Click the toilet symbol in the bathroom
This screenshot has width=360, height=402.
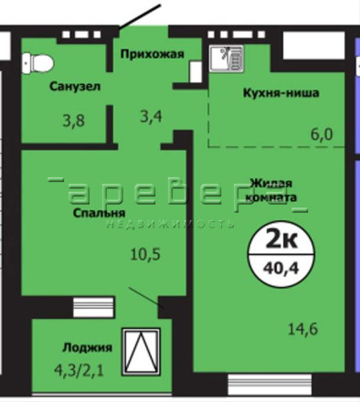pyautogui.click(x=37, y=63)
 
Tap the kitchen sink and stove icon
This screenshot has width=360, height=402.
pyautogui.click(x=226, y=58)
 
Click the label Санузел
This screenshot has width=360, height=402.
pyautogui.click(x=75, y=87)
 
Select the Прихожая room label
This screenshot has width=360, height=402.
pyautogui.click(x=153, y=54)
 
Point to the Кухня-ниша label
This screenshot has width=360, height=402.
pyautogui.click(x=281, y=92)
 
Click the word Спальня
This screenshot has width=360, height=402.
pyautogui.click(x=100, y=213)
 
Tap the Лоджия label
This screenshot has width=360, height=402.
pyautogui.click(x=88, y=347)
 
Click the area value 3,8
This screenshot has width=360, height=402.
pyautogui.click(x=74, y=121)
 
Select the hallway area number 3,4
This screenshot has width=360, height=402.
pyautogui.click(x=151, y=116)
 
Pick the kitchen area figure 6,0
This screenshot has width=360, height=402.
pyautogui.click(x=322, y=134)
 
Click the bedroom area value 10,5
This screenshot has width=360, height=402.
pyautogui.click(x=145, y=254)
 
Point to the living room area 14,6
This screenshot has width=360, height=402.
pyautogui.click(x=303, y=329)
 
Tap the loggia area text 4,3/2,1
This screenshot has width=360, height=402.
pyautogui.click(x=79, y=370)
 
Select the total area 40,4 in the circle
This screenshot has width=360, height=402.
pyautogui.click(x=281, y=268)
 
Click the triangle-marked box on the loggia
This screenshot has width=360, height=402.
pyautogui.click(x=141, y=352)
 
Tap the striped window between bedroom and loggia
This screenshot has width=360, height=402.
pyautogui.click(x=94, y=307)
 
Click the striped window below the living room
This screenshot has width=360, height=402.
pyautogui.click(x=270, y=385)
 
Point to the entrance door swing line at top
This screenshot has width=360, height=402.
pyautogui.click(x=140, y=17)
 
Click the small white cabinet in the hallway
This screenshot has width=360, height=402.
pyautogui.click(x=196, y=72)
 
